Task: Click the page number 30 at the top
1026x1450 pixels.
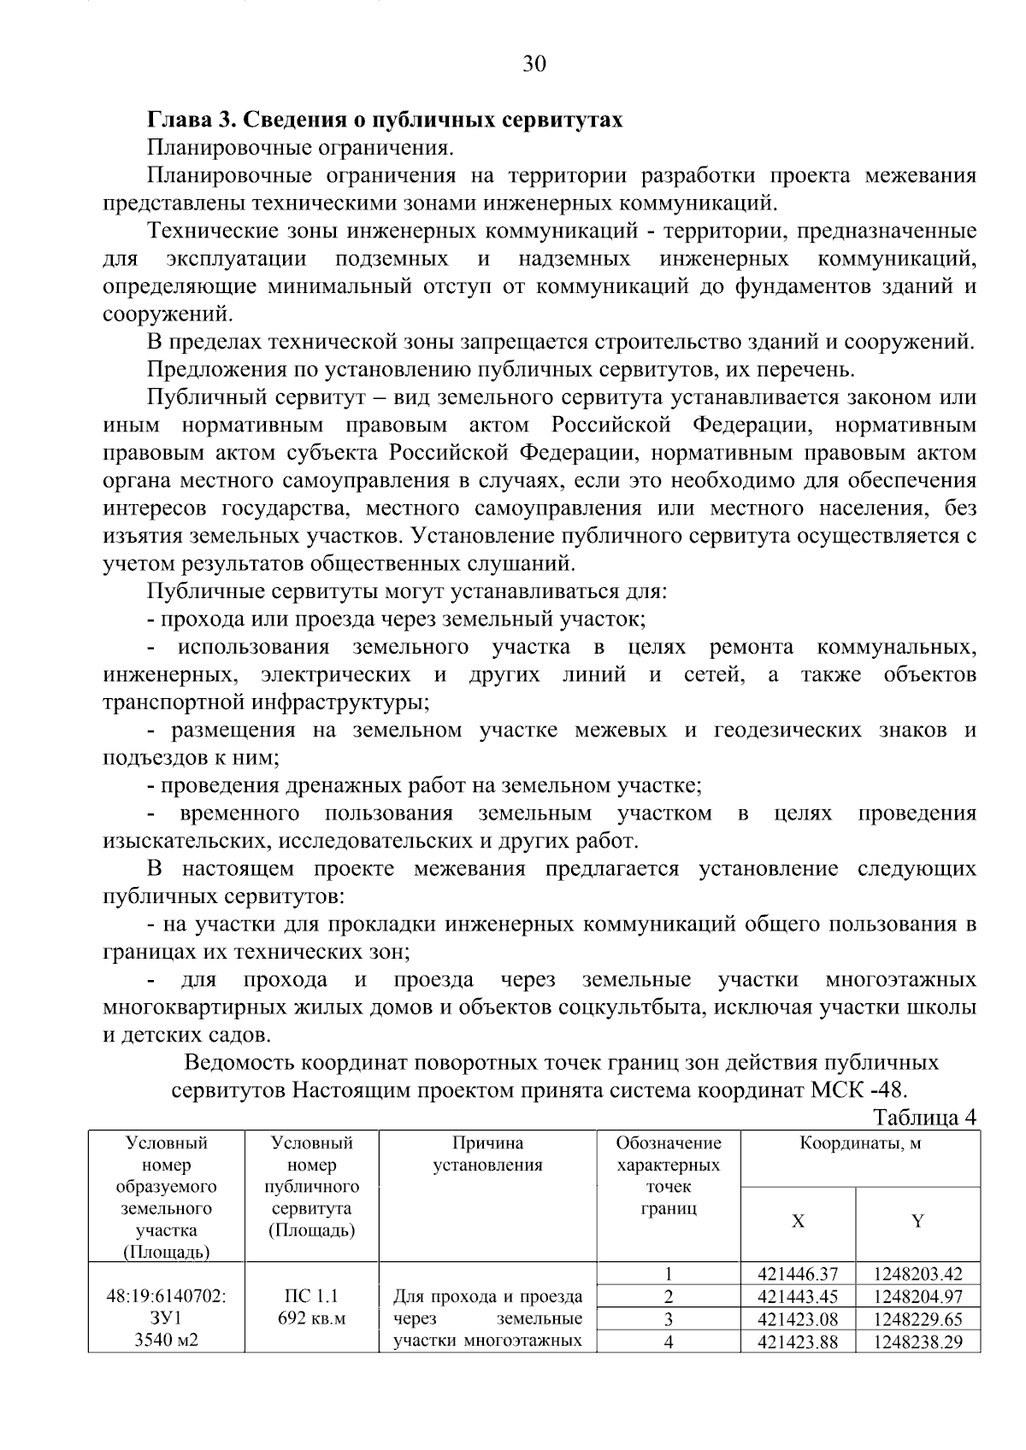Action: (533, 64)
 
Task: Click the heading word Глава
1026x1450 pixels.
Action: (176, 120)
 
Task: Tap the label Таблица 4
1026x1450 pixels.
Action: (924, 1118)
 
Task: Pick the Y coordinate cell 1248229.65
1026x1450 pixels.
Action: (917, 1319)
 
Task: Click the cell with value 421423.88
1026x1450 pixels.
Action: (797, 1341)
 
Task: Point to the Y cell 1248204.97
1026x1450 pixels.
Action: (917, 1297)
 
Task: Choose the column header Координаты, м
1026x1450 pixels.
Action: (860, 1143)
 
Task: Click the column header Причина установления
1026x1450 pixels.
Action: (487, 1154)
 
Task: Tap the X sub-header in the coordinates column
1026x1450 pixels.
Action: (797, 1221)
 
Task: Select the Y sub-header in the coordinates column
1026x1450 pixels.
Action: (917, 1221)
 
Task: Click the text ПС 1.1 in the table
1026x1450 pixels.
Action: (311, 1296)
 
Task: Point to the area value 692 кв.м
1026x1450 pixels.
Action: (311, 1318)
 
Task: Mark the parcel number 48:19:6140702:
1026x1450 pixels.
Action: (166, 1296)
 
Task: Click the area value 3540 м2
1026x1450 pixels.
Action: (166, 1341)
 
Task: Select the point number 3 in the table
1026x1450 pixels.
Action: (669, 1319)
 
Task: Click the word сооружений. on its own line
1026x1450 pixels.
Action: (167, 314)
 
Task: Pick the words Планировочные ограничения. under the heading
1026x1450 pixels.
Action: (299, 148)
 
